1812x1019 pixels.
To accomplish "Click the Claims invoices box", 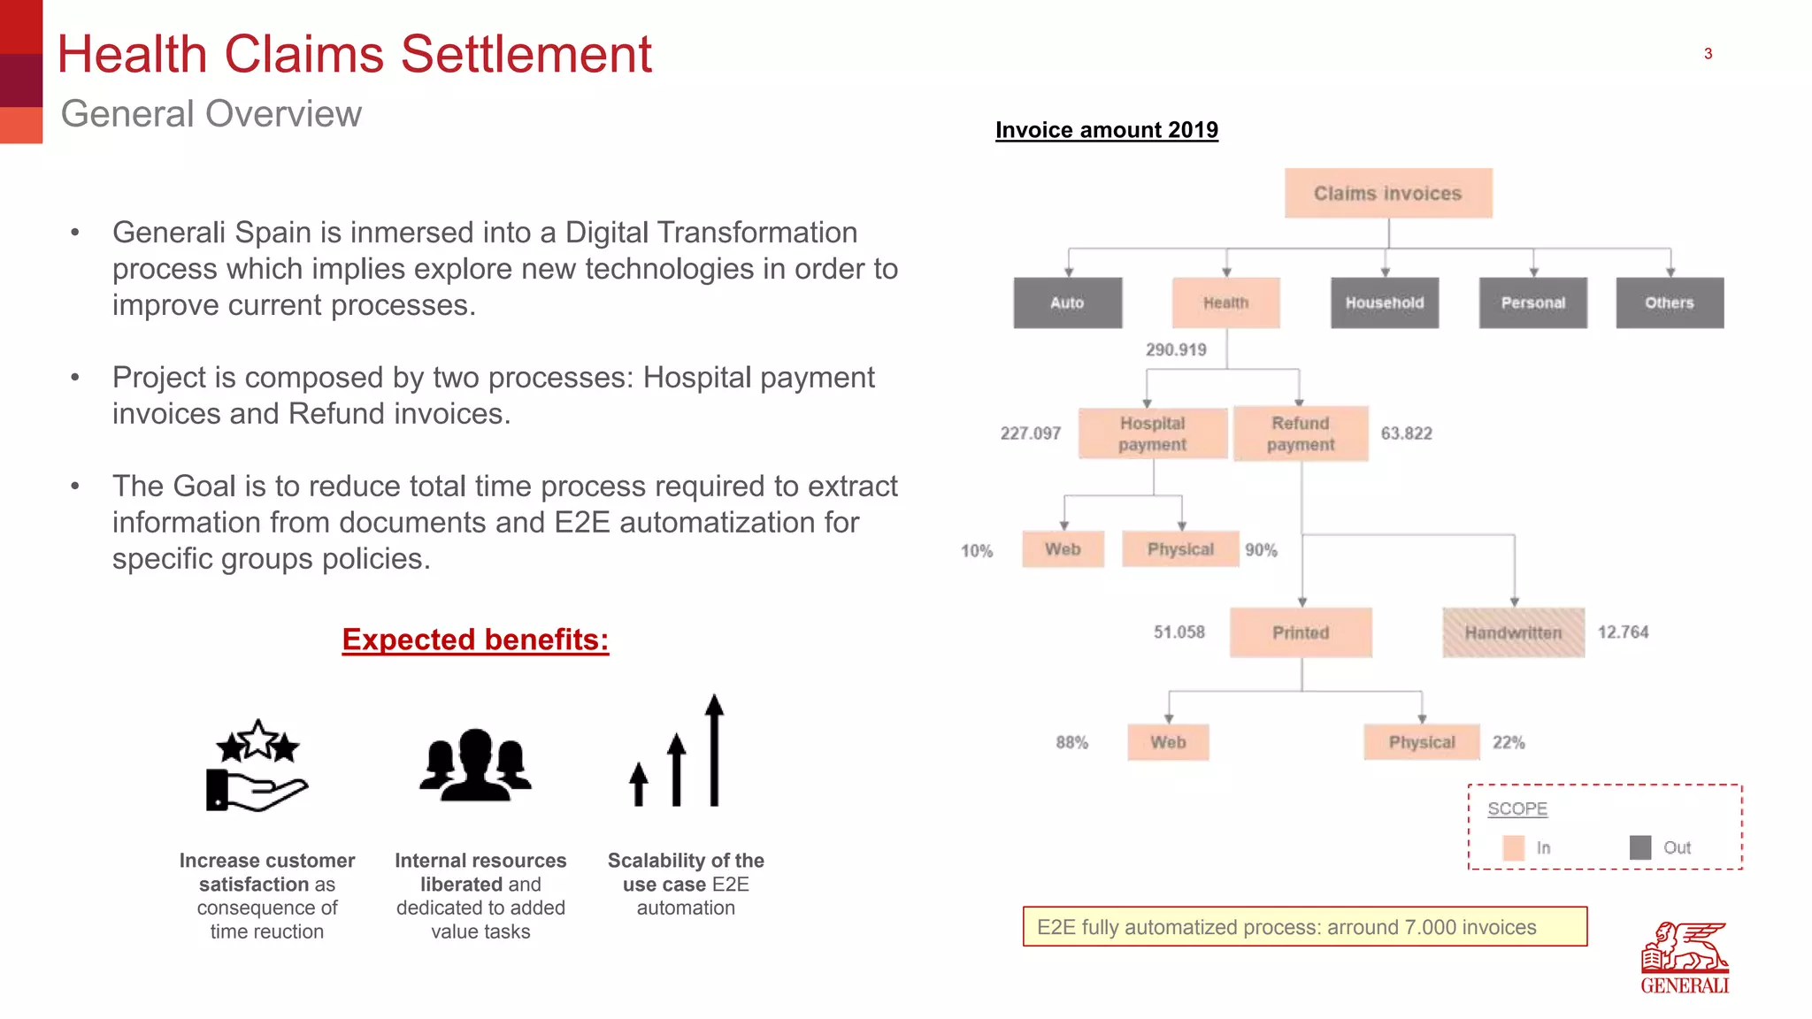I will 1387,193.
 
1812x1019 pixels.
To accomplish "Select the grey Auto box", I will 1067,303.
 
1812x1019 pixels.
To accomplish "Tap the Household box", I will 1384,303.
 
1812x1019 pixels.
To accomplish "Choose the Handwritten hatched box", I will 1513,632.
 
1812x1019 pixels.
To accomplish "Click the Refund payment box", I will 1301,433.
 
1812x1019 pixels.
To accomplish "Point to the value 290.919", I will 1176,349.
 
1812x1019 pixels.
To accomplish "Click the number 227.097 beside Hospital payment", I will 1030,433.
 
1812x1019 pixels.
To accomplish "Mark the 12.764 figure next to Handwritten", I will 1623,632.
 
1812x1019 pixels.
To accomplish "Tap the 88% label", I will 1071,742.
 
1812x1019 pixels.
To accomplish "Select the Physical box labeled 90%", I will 1180,549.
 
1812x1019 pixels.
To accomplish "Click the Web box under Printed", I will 1168,742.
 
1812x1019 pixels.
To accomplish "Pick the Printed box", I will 1301,632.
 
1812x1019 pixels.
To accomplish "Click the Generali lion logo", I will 1685,957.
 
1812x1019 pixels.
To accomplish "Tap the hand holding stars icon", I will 257,765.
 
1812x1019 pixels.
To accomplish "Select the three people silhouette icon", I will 476,765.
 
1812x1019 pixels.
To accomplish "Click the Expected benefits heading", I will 475,640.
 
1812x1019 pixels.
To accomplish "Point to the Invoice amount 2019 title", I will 1106,130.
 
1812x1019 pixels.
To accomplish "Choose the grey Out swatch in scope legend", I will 1639,847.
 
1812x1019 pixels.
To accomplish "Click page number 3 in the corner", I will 1708,54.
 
